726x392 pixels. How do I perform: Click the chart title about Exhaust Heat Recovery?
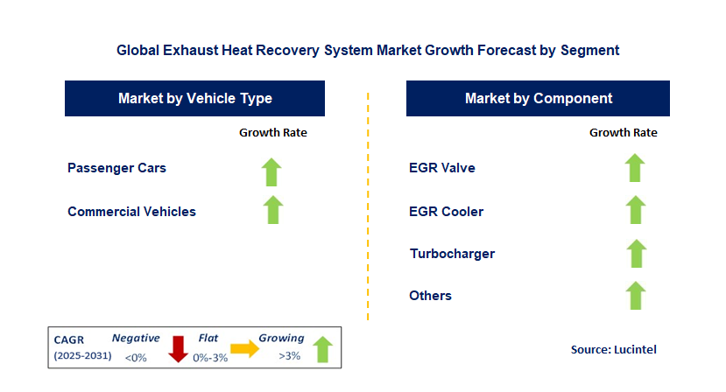[x=368, y=51]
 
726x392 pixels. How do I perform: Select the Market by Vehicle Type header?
[x=194, y=99]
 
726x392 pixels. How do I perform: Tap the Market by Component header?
[x=538, y=99]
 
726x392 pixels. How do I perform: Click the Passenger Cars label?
[x=116, y=167]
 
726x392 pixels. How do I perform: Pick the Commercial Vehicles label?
[x=131, y=211]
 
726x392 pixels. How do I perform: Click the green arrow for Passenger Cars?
[x=273, y=171]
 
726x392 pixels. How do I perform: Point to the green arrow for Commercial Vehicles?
[x=273, y=210]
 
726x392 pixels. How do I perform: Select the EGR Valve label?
[x=441, y=167]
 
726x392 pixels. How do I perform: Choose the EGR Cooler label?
[x=446, y=211]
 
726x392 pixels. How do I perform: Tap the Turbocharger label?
[x=452, y=254]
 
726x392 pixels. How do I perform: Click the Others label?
[x=430, y=296]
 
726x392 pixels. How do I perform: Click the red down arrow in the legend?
[x=179, y=347]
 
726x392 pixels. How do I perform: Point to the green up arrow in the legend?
[x=322, y=347]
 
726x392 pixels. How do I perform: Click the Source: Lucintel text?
[x=613, y=349]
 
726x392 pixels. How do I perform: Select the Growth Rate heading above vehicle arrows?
[x=273, y=133]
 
